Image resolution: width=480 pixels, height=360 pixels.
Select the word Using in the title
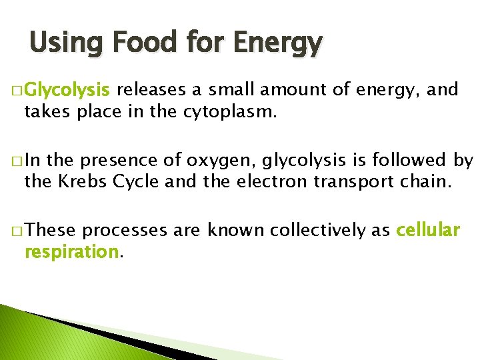63,44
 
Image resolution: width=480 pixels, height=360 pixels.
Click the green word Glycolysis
70,89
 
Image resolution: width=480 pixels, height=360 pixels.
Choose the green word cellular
428,231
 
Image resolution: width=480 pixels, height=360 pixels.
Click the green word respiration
71,252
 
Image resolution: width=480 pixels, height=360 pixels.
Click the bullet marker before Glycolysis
15,90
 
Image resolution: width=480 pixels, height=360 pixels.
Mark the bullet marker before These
15,231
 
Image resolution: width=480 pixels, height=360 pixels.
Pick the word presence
111,161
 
